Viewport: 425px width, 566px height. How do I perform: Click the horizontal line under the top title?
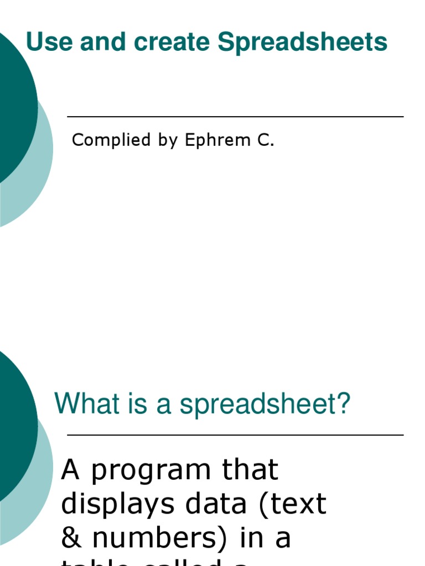click(x=235, y=117)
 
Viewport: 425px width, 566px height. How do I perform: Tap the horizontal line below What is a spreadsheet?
click(x=235, y=436)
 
